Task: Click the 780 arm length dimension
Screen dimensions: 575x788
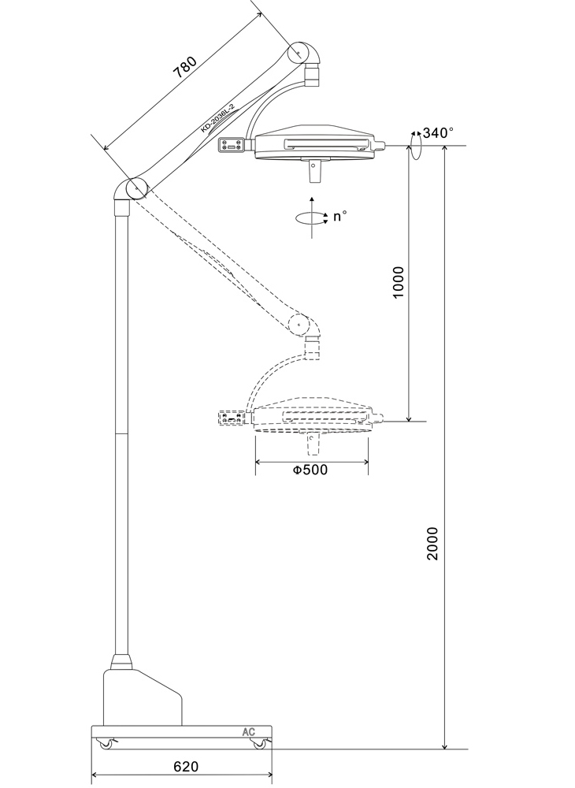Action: [x=184, y=67]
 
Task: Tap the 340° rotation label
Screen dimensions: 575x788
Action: [x=438, y=132]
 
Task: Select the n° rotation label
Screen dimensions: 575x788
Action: [x=340, y=216]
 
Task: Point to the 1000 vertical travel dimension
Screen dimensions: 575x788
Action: [x=398, y=282]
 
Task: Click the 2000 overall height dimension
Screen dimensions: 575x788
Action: [x=432, y=543]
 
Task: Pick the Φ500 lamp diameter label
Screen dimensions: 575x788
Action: [x=310, y=470]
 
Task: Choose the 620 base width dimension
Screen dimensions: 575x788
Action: [x=186, y=767]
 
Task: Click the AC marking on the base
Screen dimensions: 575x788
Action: [x=249, y=732]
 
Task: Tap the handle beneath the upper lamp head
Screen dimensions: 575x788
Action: [x=314, y=172]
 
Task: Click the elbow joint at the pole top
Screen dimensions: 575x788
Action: [x=129, y=189]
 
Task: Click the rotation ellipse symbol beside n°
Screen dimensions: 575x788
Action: [x=311, y=217]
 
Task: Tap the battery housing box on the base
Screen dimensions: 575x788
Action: [x=143, y=697]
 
